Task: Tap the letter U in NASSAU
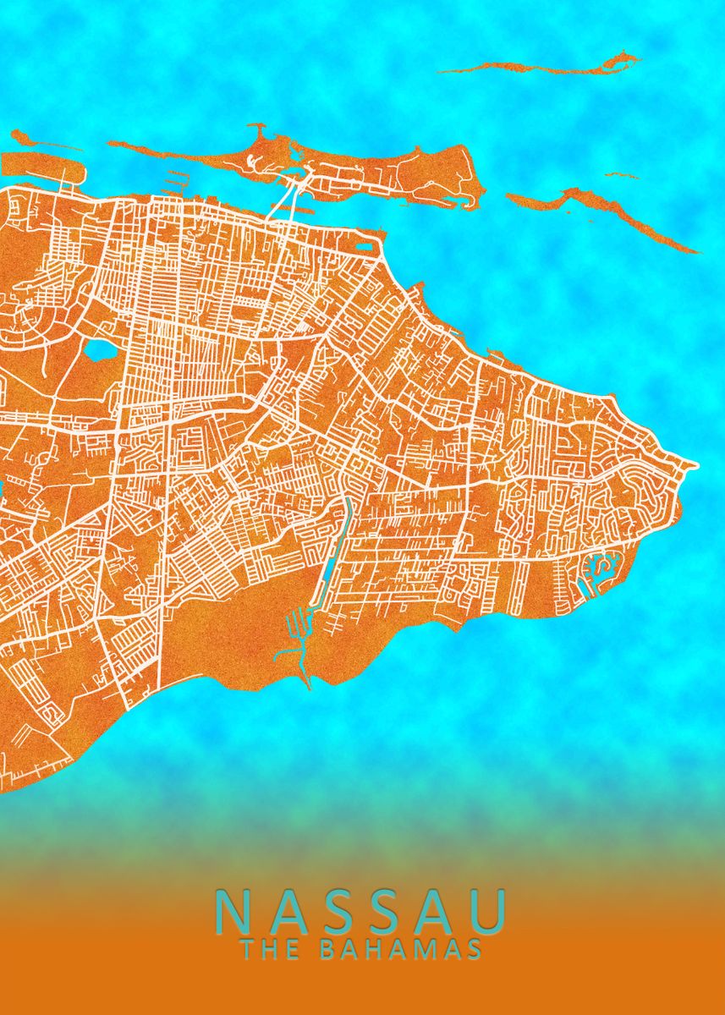point(490,911)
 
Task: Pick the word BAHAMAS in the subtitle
point(400,949)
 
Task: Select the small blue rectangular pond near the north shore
point(365,247)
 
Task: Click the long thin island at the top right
point(541,66)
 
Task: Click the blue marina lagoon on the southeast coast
point(602,565)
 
